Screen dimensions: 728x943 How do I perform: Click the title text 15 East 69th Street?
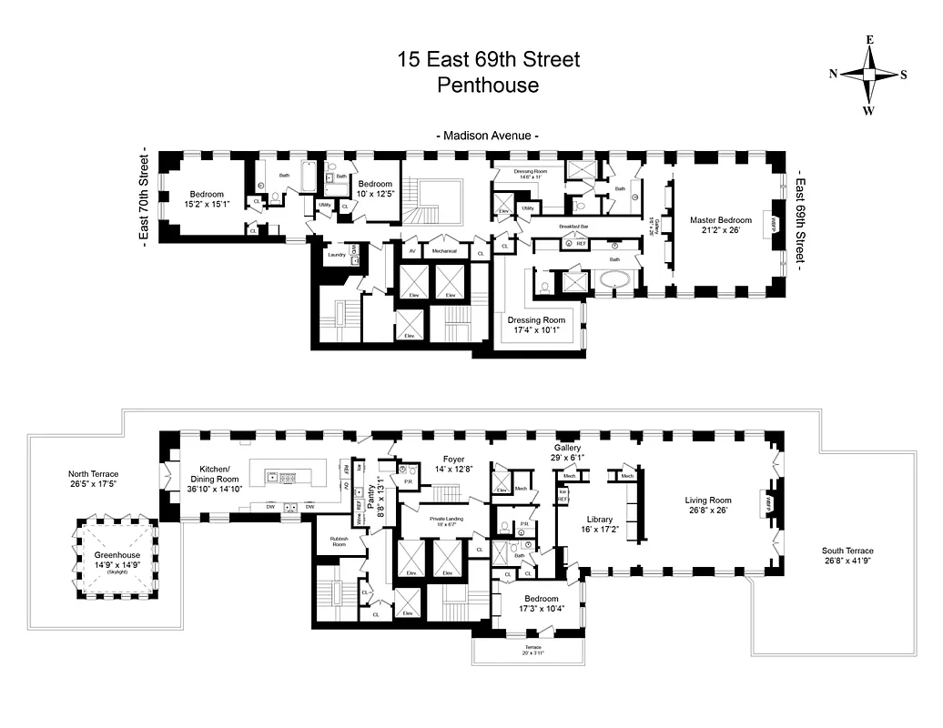click(488, 60)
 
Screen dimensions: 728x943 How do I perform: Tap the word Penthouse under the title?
click(488, 86)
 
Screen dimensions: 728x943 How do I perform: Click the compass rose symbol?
click(868, 76)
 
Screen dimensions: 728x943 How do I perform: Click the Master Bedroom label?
click(720, 220)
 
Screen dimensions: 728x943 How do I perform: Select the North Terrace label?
click(93, 474)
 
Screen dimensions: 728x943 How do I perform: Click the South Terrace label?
click(847, 551)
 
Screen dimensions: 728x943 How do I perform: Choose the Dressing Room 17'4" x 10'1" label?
click(537, 320)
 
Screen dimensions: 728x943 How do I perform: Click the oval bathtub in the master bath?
click(618, 280)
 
